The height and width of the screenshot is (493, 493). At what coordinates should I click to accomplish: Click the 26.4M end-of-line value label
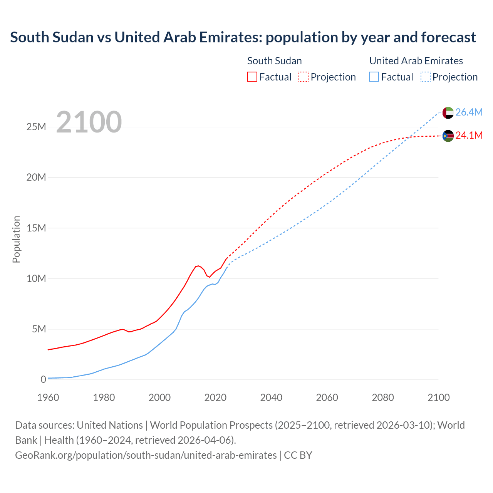[469, 112]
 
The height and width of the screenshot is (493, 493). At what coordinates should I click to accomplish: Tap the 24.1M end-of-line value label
[469, 135]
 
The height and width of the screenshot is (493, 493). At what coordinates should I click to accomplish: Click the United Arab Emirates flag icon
[448, 113]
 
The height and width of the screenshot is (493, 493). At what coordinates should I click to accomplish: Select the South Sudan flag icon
[448, 136]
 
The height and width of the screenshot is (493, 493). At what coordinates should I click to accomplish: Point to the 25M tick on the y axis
[36, 127]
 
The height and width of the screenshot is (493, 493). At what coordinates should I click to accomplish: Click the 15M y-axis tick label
[36, 228]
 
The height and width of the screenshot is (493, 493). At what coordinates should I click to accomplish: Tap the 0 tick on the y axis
[43, 379]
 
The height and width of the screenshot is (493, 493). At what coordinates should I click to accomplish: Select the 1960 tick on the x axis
[48, 397]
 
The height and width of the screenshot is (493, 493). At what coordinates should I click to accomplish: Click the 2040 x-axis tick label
[271, 397]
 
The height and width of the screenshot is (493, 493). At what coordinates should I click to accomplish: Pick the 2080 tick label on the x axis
[383, 397]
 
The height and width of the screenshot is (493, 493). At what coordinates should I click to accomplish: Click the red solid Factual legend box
[252, 77]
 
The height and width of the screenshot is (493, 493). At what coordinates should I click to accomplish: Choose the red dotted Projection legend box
[304, 77]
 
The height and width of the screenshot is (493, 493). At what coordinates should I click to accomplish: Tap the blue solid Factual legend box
[374, 77]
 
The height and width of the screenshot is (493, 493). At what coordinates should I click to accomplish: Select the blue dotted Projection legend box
[425, 77]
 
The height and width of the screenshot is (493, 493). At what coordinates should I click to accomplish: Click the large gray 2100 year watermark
[89, 122]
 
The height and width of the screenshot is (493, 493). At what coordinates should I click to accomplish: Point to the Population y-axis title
[16, 239]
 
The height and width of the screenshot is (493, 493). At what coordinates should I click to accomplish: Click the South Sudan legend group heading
[274, 61]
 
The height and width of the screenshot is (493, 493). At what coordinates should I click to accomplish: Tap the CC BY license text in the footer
[298, 455]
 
